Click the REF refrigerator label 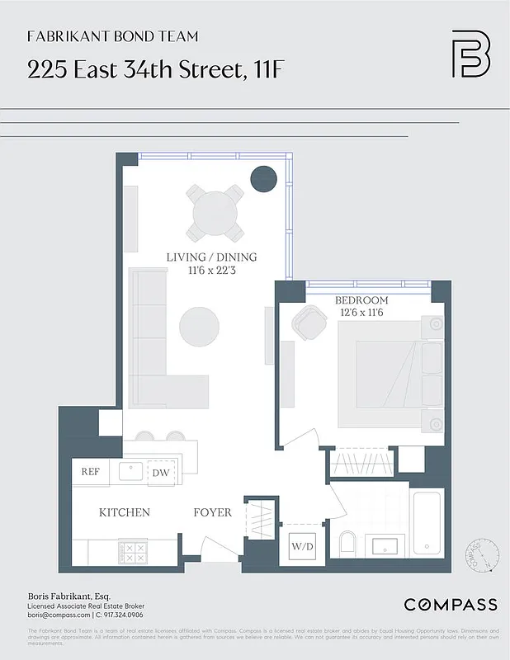[x=89, y=472]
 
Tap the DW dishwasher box [x=160, y=473]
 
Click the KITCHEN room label [x=125, y=512]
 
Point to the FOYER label [x=212, y=512]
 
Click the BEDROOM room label [x=361, y=300]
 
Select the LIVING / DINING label [x=211, y=257]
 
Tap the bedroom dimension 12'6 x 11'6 [x=361, y=313]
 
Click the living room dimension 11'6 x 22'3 [x=211, y=270]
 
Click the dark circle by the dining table [x=263, y=178]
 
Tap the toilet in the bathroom [x=347, y=544]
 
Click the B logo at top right [x=470, y=54]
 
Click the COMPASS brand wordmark [x=450, y=605]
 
